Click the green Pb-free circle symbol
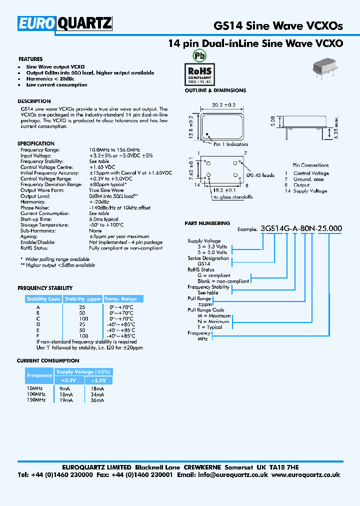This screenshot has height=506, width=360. point(199,55)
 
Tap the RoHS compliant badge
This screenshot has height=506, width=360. point(200,73)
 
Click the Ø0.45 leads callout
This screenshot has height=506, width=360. point(260,175)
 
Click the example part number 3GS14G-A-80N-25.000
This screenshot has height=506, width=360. point(301,228)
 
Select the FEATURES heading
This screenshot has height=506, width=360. point(30,59)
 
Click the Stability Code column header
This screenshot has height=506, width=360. point(43,299)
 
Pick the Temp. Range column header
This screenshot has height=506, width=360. point(120,299)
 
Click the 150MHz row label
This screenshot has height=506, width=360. point(34,400)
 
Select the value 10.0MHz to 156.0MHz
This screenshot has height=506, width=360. point(114,149)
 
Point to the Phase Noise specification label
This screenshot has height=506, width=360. point(34,207)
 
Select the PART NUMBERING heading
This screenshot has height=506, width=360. point(207,223)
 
